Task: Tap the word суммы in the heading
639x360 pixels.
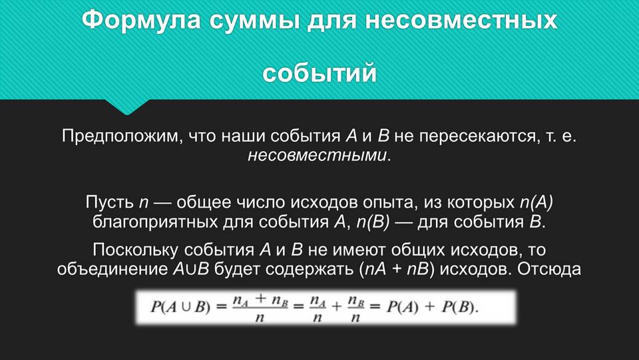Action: pyautogui.click(x=254, y=21)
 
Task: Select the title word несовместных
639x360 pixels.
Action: pyautogui.click(x=461, y=21)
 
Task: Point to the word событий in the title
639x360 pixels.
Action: pyautogui.click(x=319, y=73)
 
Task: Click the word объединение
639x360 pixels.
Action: pyautogui.click(x=112, y=270)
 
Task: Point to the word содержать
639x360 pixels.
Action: pyautogui.click(x=311, y=270)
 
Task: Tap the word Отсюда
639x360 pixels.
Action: pyautogui.click(x=549, y=270)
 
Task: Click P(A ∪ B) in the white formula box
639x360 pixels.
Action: pyautogui.click(x=180, y=307)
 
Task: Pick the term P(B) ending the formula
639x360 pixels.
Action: pyautogui.click(x=460, y=307)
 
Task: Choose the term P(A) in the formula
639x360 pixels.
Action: pyautogui.click(x=403, y=307)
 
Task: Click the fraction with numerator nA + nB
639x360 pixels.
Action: pyautogui.click(x=260, y=307)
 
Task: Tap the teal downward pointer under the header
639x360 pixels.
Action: pyautogui.click(x=127, y=106)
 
